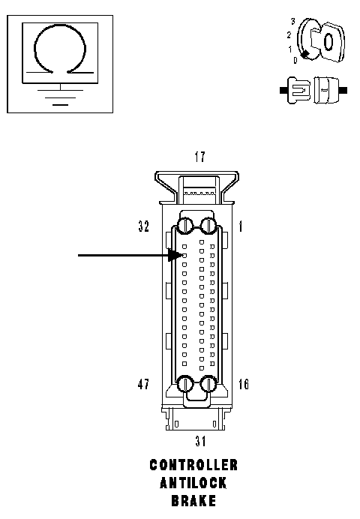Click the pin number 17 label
click(x=199, y=157)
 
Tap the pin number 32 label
click(x=144, y=226)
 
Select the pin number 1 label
click(x=241, y=226)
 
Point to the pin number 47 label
click(x=143, y=384)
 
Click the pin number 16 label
click(x=244, y=384)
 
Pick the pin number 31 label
click(x=200, y=441)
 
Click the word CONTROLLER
click(x=193, y=465)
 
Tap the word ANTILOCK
click(x=193, y=483)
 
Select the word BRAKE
click(x=193, y=501)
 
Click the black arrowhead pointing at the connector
click(x=174, y=255)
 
